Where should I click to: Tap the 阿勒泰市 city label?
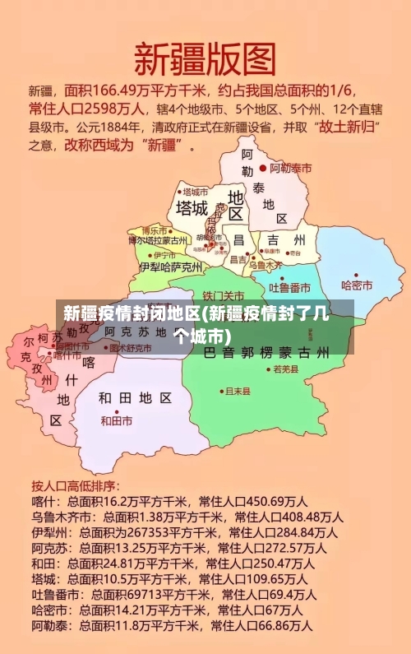(293, 168)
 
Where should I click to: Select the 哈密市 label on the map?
(358, 285)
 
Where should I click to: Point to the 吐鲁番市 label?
(294, 287)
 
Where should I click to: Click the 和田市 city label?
(117, 420)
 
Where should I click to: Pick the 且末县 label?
(238, 391)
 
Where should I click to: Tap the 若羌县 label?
(285, 370)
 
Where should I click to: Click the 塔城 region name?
(192, 206)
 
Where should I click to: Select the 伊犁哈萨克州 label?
(170, 267)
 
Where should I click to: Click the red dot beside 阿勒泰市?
(263, 168)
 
